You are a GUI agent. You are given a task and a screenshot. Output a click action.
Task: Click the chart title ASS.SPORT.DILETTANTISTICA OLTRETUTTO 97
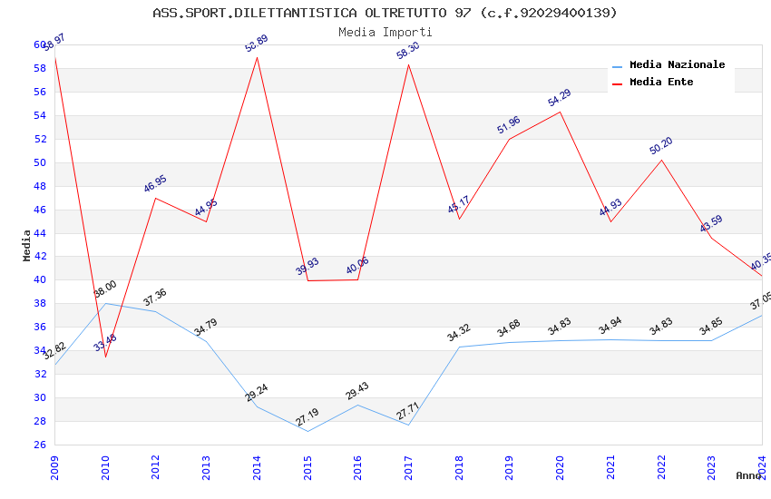point(385,13)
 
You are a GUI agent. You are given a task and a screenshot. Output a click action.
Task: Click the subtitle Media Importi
point(385,32)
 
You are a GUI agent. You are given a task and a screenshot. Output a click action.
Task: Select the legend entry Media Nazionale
point(677,65)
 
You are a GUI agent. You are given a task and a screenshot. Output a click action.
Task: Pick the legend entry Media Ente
point(661,82)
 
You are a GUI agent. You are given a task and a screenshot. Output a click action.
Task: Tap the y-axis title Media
point(27,244)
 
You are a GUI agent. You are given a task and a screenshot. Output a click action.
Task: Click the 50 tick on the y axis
point(40,163)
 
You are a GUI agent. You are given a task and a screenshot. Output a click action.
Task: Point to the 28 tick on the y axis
point(40,421)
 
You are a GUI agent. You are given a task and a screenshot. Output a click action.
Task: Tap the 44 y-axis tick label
point(40,233)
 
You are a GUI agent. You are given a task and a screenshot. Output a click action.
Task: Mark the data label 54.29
point(560,98)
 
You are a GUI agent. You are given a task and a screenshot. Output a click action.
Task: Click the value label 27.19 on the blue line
point(307,417)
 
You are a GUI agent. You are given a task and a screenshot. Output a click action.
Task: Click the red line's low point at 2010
point(106,357)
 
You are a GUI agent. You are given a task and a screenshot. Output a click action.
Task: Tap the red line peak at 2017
point(409,64)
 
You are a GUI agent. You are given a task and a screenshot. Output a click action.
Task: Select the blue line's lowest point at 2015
point(308,431)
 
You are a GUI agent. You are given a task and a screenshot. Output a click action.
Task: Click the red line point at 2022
point(661,160)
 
